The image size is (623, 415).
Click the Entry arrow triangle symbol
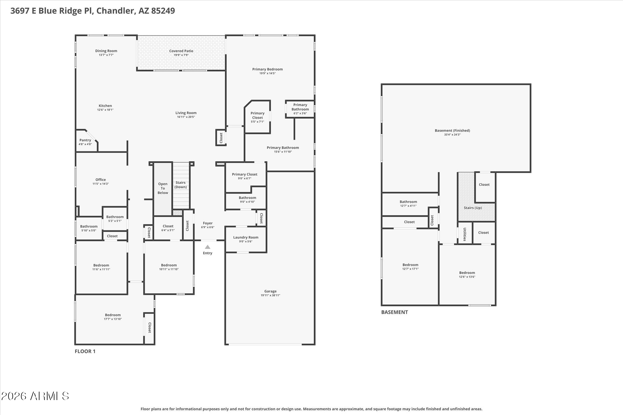tap(207, 247)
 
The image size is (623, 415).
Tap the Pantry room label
tap(85, 140)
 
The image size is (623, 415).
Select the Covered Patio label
tap(181, 51)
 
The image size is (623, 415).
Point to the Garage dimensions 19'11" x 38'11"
tap(270, 295)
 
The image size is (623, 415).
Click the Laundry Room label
tap(246, 237)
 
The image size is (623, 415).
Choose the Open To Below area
tap(163, 188)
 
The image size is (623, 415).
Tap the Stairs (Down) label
tap(181, 185)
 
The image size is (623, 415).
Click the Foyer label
tap(208, 223)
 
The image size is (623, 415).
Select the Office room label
tap(101, 180)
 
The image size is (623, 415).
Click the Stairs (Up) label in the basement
tap(473, 208)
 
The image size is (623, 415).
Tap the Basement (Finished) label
tap(452, 130)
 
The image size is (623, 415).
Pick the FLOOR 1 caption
tap(85, 351)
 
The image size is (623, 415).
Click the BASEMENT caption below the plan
tap(394, 312)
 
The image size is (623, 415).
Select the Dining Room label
tap(106, 51)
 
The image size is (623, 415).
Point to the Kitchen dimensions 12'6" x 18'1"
tap(105, 110)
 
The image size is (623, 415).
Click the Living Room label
tap(186, 113)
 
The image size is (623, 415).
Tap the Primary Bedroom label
tap(268, 69)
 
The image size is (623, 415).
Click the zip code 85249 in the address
tap(163, 11)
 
